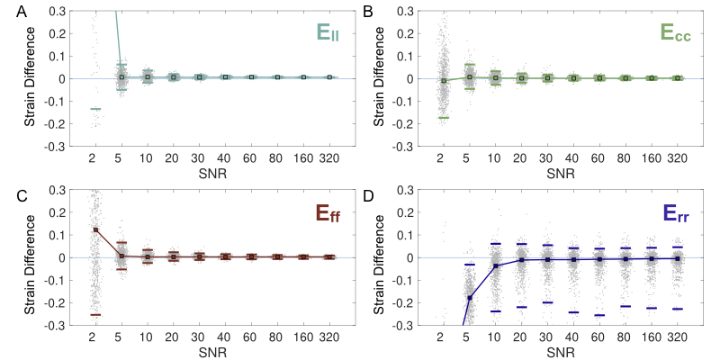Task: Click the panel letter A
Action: pyautogui.click(x=7, y=8)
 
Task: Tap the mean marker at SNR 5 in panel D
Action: pyautogui.click(x=469, y=298)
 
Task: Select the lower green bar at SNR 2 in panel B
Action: pyautogui.click(x=443, y=118)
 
